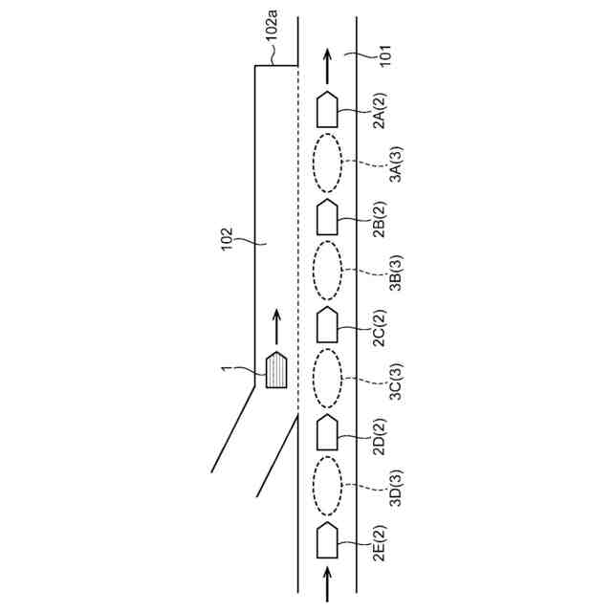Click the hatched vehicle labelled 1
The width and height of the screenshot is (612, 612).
click(x=276, y=369)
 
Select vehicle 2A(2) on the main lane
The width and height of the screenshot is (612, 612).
click(x=328, y=110)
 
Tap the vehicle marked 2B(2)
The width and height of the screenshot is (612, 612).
click(x=328, y=218)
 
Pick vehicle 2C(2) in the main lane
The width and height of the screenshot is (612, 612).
click(x=328, y=326)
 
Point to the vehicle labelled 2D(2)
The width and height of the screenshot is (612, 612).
click(x=328, y=433)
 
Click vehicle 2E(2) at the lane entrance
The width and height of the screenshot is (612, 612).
click(x=328, y=540)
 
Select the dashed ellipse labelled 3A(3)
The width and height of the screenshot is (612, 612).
click(x=328, y=164)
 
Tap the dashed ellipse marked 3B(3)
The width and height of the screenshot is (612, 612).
click(x=328, y=272)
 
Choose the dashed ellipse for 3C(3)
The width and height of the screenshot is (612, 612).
click(x=328, y=380)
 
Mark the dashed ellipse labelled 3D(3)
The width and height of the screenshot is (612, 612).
click(x=328, y=487)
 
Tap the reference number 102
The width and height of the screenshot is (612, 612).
click(x=226, y=240)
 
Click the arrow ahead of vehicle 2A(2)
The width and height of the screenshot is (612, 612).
click(x=328, y=64)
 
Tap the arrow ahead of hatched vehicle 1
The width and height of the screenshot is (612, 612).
click(x=276, y=325)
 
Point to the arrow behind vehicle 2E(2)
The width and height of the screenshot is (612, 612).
click(x=328, y=583)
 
